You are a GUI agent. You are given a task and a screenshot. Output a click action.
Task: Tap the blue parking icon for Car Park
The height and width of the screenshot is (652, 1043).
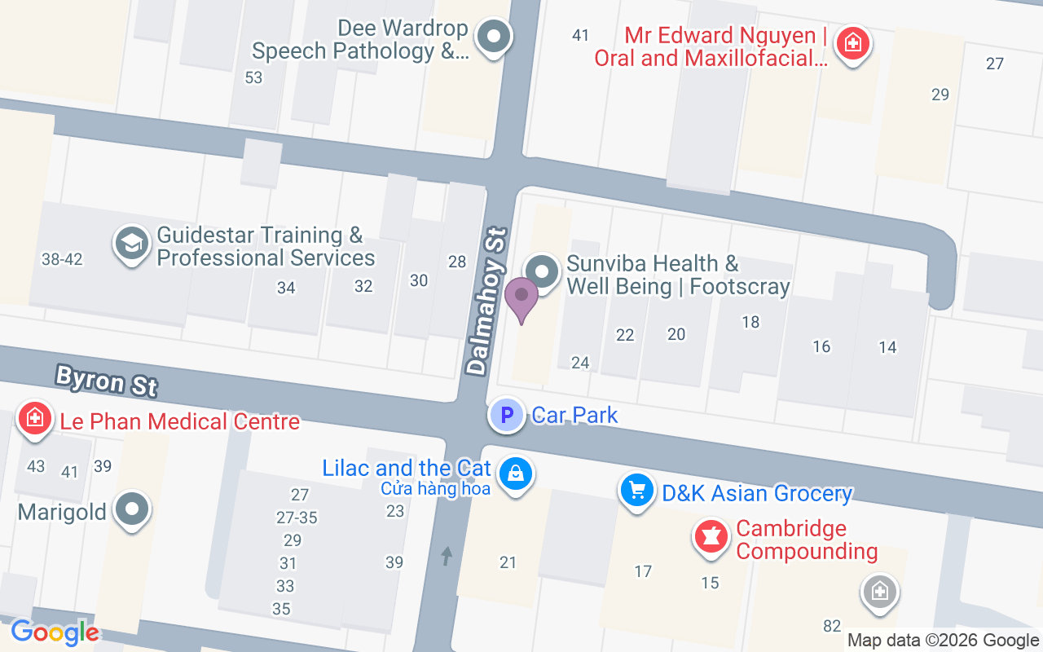507,416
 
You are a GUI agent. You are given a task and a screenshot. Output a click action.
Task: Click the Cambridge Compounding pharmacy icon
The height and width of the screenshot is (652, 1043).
711,537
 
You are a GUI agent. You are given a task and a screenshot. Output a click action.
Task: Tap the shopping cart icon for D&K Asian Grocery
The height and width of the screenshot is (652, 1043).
637,491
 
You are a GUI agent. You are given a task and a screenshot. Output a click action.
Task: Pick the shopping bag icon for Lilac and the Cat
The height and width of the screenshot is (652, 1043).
515,473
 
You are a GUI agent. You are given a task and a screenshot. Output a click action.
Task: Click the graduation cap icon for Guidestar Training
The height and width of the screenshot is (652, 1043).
130,244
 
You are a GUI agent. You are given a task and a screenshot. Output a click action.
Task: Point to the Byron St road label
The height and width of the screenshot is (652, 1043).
106,381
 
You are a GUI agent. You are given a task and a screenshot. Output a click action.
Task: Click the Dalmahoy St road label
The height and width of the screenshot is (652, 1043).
487,302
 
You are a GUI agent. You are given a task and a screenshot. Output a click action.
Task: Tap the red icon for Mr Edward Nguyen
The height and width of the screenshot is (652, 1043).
852,42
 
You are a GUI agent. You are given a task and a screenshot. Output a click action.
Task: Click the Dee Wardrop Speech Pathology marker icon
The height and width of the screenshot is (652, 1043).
493,37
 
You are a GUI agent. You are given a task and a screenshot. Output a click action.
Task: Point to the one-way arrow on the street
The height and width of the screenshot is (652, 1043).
447,556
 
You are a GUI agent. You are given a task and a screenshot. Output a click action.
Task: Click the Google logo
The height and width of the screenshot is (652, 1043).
55,632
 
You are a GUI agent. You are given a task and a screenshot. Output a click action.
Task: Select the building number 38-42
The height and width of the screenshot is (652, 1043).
62,259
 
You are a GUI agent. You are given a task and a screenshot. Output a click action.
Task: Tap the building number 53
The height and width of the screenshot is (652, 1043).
253,77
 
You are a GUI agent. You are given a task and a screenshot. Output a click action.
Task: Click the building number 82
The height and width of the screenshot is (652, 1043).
832,626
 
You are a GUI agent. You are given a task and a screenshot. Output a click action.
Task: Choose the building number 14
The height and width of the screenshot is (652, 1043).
887,347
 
